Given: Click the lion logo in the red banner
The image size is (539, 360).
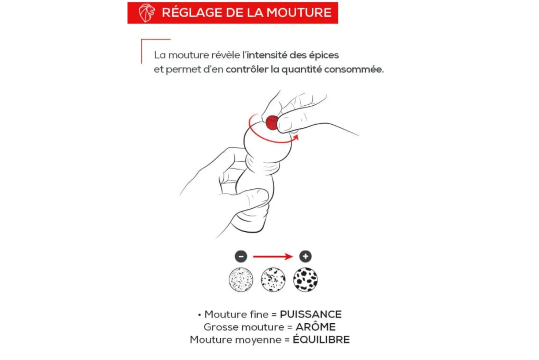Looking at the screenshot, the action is (x=147, y=13).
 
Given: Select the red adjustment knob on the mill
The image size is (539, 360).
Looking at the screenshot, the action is (x=272, y=123).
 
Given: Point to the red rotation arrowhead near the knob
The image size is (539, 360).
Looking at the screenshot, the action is (x=296, y=137).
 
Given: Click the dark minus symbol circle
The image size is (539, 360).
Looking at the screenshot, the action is (x=241, y=256).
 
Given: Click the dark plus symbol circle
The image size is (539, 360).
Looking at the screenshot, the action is (x=305, y=256).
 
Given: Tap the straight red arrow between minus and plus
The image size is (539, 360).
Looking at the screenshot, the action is (x=273, y=257).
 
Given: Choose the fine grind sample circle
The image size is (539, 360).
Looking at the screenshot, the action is (x=241, y=280).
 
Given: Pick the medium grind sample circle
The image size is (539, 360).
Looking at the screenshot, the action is (x=273, y=280).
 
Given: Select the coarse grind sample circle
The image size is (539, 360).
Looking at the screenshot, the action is (x=305, y=280).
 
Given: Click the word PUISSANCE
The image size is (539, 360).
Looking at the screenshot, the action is (x=311, y=314).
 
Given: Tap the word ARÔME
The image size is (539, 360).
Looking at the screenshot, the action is (x=315, y=327).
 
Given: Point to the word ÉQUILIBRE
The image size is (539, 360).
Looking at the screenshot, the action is (x=321, y=339).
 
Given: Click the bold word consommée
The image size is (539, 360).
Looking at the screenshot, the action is (x=354, y=69).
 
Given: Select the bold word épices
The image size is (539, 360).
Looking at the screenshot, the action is (x=324, y=55).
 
